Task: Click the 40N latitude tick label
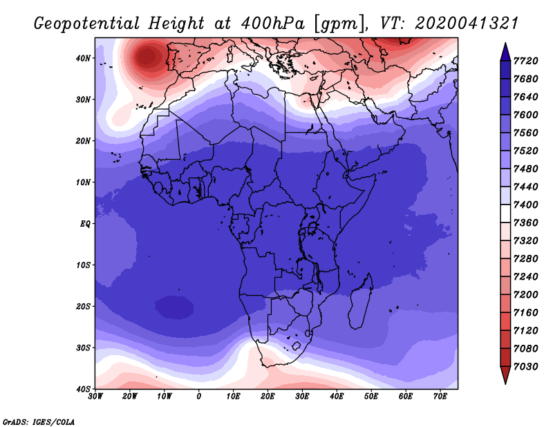pyautogui.click(x=82, y=58)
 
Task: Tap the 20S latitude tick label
pyautogui.click(x=82, y=306)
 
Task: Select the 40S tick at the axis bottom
pyautogui.click(x=82, y=388)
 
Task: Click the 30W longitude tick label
pyautogui.click(x=95, y=397)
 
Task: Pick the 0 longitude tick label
pyautogui.click(x=199, y=397)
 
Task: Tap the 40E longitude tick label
pyautogui.click(x=337, y=397)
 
